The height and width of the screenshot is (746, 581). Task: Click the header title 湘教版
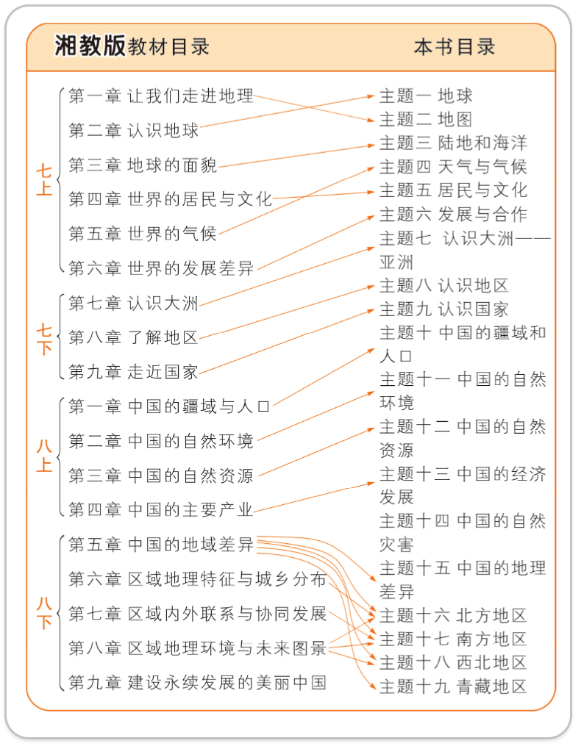pos(90,46)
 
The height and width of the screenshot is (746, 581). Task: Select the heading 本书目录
pos(454,47)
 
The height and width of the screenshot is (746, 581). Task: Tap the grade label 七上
pos(44,179)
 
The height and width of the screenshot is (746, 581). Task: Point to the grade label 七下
pos(44,339)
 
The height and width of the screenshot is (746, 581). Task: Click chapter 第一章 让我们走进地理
pos(161,96)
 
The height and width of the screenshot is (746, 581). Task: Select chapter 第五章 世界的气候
pos(143,234)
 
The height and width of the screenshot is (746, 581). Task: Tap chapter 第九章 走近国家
pos(133,372)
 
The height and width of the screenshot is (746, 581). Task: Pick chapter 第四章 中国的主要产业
pos(161,509)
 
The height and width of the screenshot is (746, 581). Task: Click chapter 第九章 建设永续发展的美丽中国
pos(197,682)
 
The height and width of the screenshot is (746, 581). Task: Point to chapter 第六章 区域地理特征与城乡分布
pos(197,579)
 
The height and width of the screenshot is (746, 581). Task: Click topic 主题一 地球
pos(426,96)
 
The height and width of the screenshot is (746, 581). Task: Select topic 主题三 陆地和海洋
pos(453,143)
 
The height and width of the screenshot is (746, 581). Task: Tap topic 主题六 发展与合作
pos(453,214)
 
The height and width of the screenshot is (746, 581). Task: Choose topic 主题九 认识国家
pos(443,309)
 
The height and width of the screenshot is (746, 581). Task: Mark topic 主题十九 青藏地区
pos(453,686)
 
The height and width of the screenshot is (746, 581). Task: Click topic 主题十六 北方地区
pos(453,615)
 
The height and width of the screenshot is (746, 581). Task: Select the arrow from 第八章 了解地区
pos(287,312)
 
